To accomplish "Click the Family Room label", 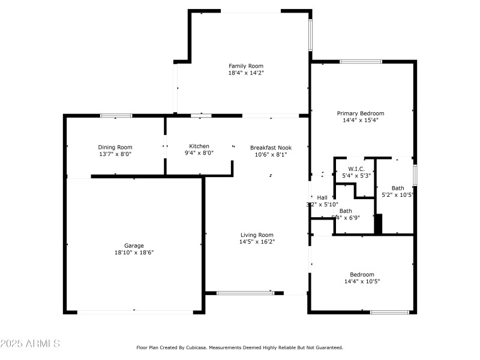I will click(x=245, y=66).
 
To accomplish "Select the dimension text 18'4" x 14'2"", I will click(x=245, y=73).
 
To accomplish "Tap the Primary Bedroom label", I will click(x=360, y=113).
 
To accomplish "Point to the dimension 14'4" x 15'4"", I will click(x=360, y=120).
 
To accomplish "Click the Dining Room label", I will click(x=115, y=147).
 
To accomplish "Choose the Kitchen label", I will click(x=199, y=146).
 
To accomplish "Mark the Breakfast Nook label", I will click(x=271, y=147).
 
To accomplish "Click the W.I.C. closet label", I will click(x=357, y=169).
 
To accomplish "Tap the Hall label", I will click(x=322, y=197).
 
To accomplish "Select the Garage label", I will click(x=134, y=245).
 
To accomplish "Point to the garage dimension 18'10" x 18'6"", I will click(x=134, y=253).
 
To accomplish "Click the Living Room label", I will click(x=257, y=235).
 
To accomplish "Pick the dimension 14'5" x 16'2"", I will click(x=257, y=242).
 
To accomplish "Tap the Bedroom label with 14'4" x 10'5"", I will click(x=362, y=274).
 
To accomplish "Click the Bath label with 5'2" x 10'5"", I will click(x=398, y=188).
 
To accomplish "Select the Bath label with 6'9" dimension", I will click(x=346, y=211).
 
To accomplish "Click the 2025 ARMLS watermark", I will click(x=30, y=344).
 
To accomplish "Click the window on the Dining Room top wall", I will click(x=116, y=115).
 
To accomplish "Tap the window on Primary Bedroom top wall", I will click(x=361, y=61).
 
